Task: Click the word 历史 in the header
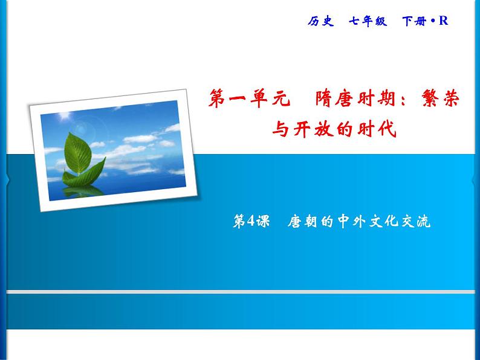click(x=321, y=21)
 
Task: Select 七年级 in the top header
click(x=368, y=21)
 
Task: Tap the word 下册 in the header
click(x=414, y=21)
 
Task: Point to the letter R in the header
click(x=443, y=21)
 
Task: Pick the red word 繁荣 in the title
click(x=441, y=98)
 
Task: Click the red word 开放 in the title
click(x=313, y=129)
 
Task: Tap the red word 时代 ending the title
click(x=377, y=129)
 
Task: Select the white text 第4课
click(x=251, y=221)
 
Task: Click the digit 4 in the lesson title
click(x=251, y=220)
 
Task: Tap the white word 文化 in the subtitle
click(x=384, y=221)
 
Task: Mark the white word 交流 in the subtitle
click(x=416, y=221)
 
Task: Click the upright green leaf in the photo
click(x=77, y=153)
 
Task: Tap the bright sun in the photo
click(x=65, y=115)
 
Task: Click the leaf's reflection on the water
click(x=82, y=191)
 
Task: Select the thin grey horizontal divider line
click(x=241, y=292)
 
